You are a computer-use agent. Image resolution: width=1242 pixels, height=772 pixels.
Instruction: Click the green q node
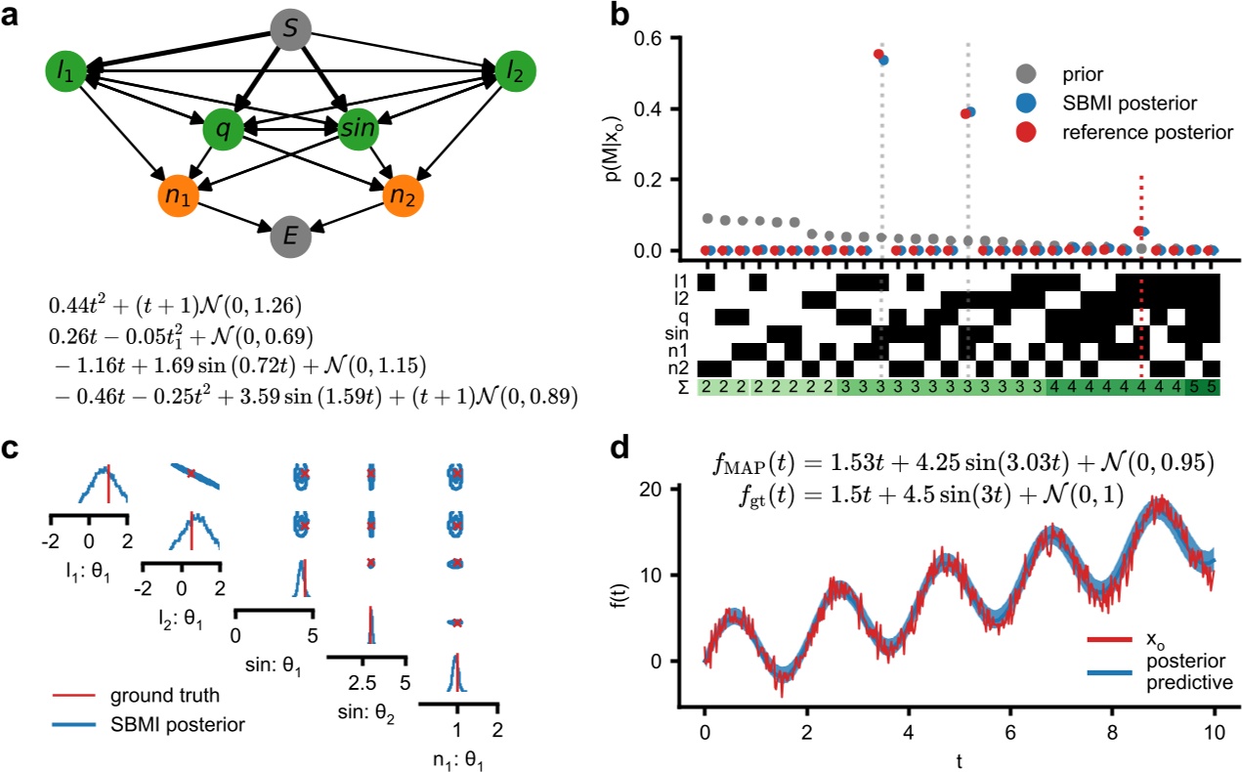[x=224, y=128]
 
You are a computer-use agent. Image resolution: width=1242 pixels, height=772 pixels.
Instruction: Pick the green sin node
[x=358, y=128]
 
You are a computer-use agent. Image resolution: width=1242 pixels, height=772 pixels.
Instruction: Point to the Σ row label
[x=684, y=388]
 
